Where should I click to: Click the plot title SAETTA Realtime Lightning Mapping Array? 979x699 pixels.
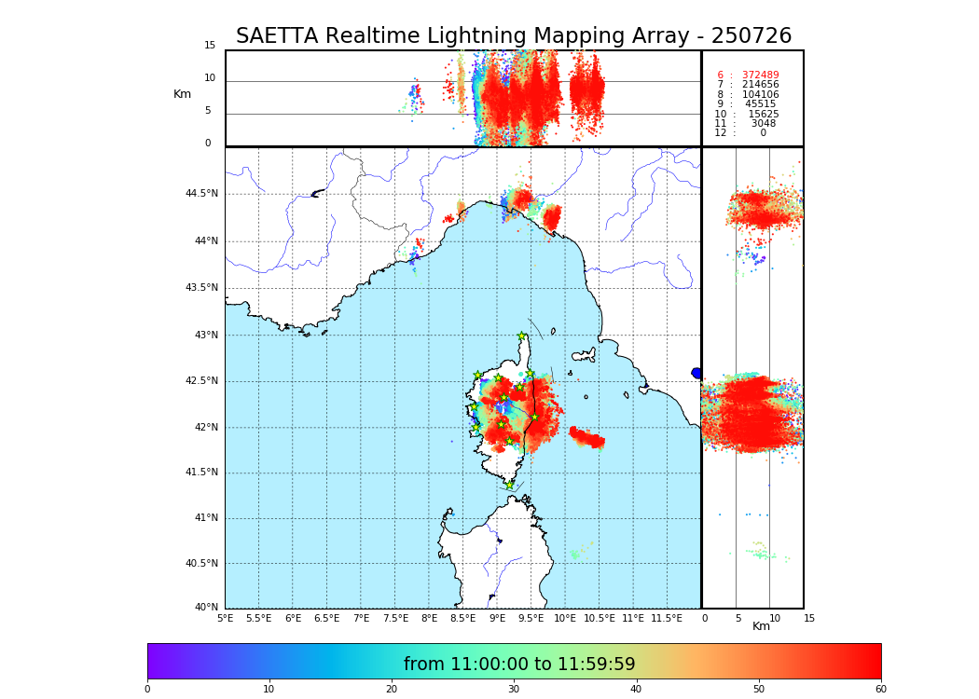click(513, 36)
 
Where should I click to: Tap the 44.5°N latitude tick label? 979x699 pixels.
click(201, 194)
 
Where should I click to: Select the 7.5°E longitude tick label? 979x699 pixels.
click(395, 618)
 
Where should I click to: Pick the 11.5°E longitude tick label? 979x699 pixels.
click(667, 618)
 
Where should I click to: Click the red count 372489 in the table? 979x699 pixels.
click(760, 75)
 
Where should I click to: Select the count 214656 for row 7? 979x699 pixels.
click(760, 85)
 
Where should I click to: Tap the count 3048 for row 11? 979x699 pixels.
click(763, 124)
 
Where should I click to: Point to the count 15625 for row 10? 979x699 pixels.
click(763, 115)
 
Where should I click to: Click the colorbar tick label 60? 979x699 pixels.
click(880, 690)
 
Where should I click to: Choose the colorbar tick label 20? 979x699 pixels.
click(392, 690)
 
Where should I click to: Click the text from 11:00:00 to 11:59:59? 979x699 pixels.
click(519, 665)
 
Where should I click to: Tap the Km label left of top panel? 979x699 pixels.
click(182, 94)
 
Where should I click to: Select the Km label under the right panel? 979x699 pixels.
click(761, 626)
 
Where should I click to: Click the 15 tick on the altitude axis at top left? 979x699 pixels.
click(210, 46)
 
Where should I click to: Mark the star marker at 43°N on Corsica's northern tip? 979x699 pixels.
click(522, 336)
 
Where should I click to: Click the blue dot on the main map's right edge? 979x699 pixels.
click(696, 373)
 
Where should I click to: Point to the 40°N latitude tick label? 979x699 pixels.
click(205, 608)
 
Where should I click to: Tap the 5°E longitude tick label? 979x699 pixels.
click(225, 618)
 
